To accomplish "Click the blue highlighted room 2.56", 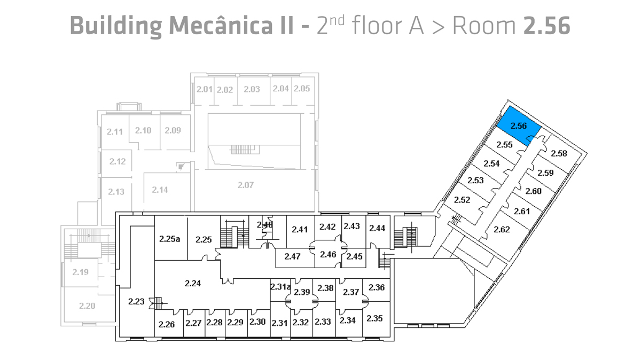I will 518,126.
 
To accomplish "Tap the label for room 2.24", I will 192,284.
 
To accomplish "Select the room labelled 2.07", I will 245,185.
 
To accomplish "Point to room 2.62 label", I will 502,230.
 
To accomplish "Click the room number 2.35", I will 375,318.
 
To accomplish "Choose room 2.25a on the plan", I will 169,239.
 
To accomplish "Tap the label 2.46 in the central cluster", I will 327,254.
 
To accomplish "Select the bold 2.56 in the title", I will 546,25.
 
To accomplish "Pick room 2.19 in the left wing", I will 80,272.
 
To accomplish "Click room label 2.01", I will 204,89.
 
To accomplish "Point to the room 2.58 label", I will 559,154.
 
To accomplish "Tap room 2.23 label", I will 136,302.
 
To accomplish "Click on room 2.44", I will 377,228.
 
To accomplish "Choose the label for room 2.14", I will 160,190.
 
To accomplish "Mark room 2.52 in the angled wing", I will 462,200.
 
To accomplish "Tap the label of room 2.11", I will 115,131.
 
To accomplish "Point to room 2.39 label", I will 302,292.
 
